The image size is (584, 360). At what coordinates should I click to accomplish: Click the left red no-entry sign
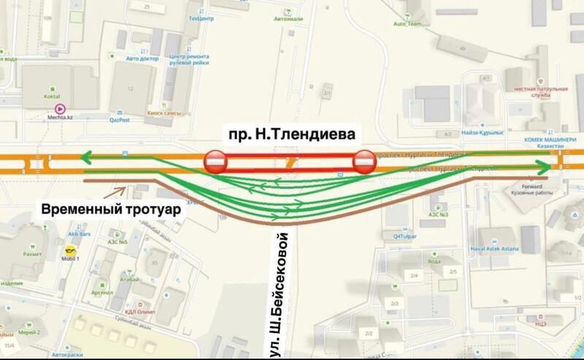tap(215, 162)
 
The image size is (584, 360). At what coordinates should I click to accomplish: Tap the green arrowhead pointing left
tap(87, 156)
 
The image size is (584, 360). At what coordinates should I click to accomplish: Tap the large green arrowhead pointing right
tap(542, 169)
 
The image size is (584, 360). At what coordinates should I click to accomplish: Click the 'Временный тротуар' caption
tap(111, 209)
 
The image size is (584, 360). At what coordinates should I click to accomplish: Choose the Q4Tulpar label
tap(406, 235)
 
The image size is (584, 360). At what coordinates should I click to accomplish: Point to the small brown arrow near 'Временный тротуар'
tap(118, 192)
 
